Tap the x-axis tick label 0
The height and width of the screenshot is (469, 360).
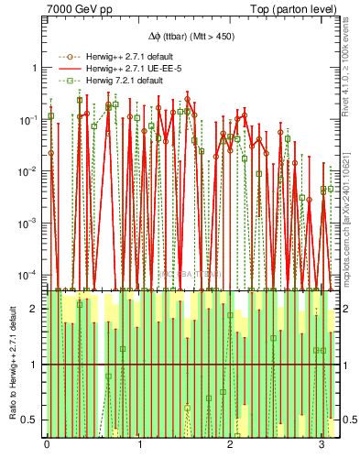pyautogui.click(x=47, y=446)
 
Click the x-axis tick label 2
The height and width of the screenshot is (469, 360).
pyautogui.click(x=229, y=446)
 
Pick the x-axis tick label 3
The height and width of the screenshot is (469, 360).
pyautogui.click(x=320, y=446)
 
